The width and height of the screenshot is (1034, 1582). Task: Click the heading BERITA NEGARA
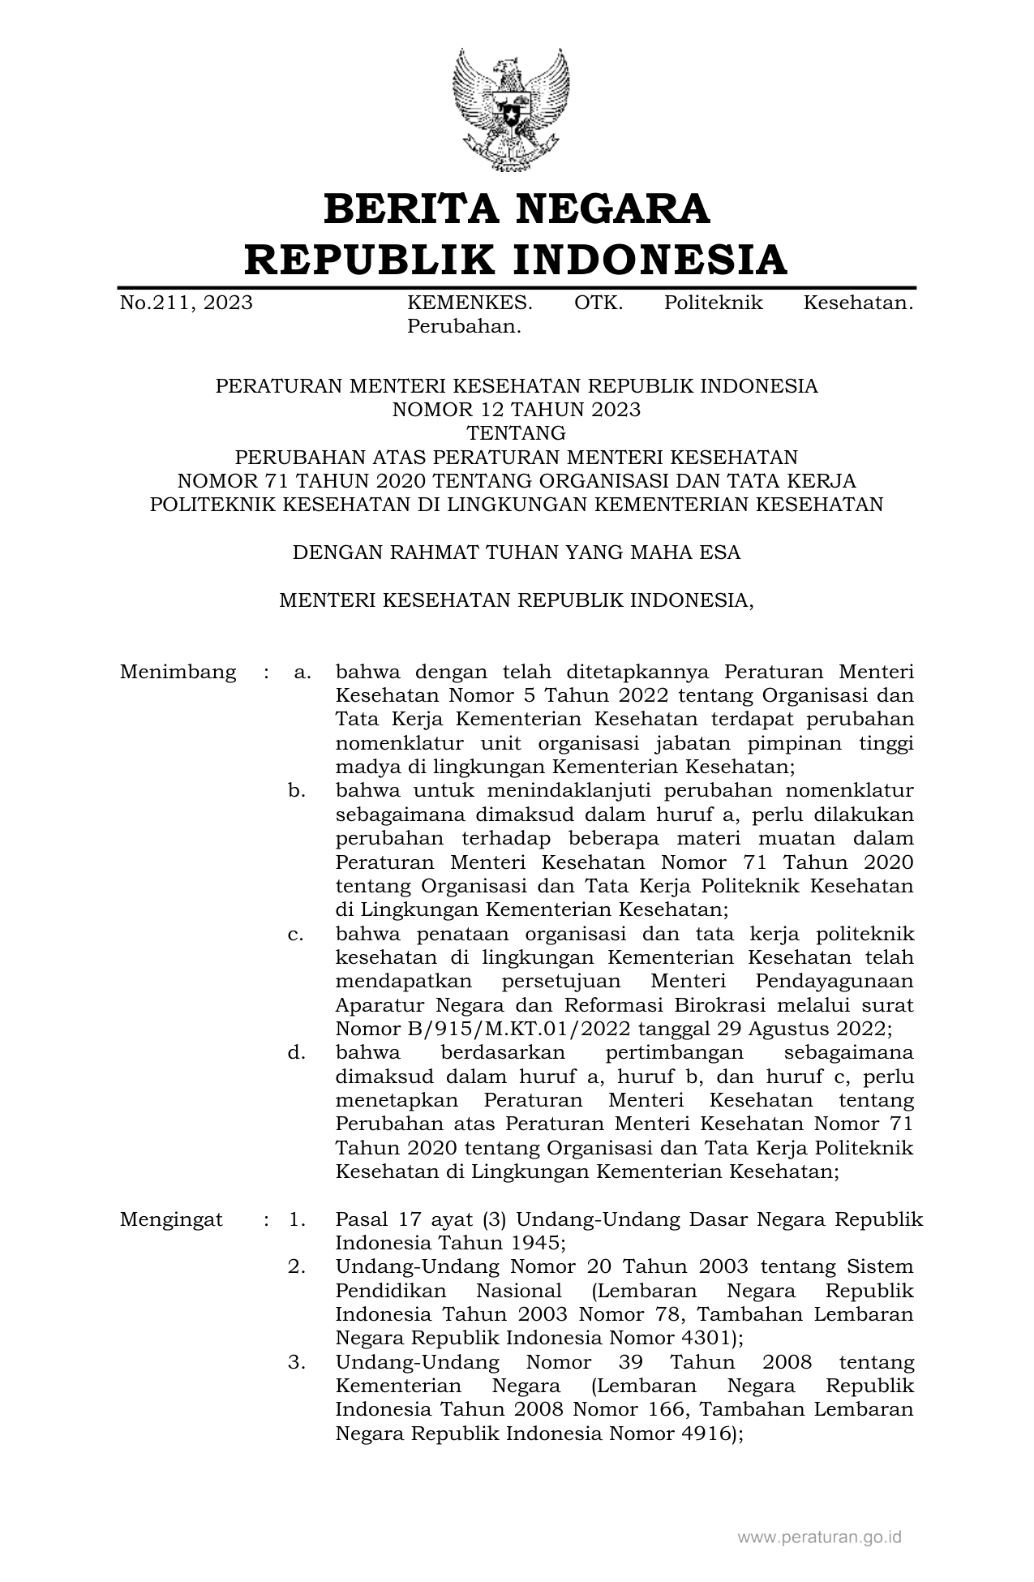517,208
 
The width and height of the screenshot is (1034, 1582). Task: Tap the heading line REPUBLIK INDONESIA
517,260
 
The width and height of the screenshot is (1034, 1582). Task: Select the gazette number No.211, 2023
186,303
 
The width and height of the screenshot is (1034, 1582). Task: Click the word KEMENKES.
470,303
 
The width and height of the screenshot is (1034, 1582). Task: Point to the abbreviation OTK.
599,303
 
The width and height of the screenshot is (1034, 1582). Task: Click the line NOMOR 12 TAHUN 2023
517,410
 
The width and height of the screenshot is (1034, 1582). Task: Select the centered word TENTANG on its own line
517,433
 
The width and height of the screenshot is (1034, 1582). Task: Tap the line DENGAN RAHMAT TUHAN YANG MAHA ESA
517,553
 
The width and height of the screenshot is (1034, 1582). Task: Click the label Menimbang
178,673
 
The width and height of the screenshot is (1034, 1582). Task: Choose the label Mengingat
171,1220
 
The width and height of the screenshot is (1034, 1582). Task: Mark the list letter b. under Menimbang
297,791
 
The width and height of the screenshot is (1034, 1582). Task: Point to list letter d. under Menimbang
297,1053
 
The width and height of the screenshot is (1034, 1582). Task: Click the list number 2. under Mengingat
297,1267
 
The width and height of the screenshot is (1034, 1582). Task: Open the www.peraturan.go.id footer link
819,1537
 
